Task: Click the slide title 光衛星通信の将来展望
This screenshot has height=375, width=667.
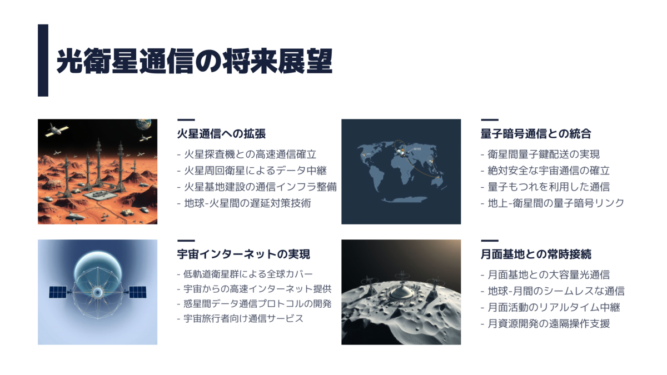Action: pos(194,61)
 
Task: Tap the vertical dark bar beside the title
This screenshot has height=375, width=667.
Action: pos(43,61)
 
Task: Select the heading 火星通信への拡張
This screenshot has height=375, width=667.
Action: pos(221,134)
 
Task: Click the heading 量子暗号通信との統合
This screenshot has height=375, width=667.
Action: pos(536,134)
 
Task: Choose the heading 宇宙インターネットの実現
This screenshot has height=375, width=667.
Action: pos(243,254)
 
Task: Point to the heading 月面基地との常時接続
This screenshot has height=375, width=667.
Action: pos(536,254)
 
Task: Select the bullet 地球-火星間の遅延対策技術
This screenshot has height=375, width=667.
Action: pos(244,203)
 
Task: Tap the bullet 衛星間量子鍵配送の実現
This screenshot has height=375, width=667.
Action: pos(540,154)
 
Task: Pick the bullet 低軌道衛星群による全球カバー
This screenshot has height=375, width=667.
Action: pos(245,274)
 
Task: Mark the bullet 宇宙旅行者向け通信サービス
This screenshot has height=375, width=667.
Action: pos(240,318)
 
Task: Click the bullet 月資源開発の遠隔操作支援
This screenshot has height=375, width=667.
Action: pos(545,323)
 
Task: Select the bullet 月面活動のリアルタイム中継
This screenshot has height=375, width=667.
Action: pos(550,307)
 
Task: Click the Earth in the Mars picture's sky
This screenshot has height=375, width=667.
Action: pos(143,124)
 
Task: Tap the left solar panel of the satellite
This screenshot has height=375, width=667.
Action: pos(58,292)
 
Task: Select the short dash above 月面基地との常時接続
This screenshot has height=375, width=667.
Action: pos(490,241)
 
